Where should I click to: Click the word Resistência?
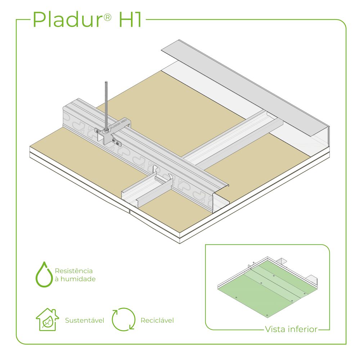tap(74, 271)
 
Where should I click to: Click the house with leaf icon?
tap(47, 320)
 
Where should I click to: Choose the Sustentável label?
tap(85, 320)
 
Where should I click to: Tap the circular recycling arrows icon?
tap(123, 319)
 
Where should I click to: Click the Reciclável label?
tap(157, 320)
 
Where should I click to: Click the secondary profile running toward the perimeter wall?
tap(234, 139)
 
